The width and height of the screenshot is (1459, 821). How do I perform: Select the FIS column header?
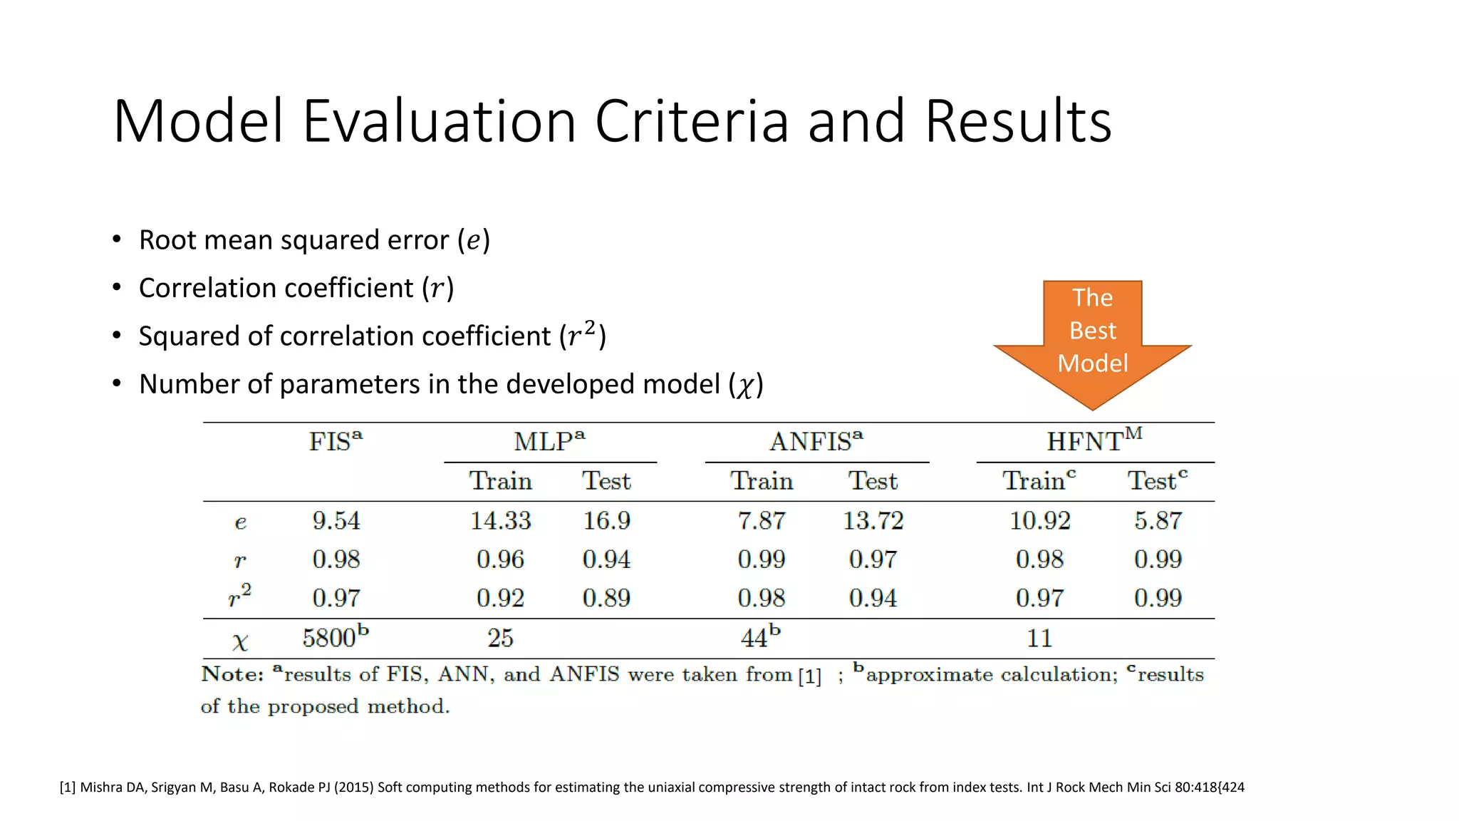pos(335,442)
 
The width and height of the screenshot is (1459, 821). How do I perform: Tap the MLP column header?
pos(549,442)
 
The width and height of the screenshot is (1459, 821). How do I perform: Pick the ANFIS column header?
pos(816,442)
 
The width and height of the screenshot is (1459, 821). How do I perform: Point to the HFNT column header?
pos(1094,441)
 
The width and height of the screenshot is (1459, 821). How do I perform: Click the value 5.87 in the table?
pos(1158,521)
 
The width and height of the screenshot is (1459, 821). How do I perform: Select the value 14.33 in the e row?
pos(500,521)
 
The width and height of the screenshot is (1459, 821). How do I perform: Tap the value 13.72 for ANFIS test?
pos(873,521)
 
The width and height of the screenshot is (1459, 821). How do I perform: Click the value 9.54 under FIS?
pos(336,521)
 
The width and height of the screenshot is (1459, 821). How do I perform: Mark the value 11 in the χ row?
pos(1039,638)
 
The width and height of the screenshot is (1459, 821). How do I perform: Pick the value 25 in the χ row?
pos(500,638)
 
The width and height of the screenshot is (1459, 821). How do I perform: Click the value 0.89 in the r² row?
pos(606,598)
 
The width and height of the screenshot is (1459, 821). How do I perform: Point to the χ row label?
pos(240,641)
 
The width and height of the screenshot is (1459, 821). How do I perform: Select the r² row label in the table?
pos(239,596)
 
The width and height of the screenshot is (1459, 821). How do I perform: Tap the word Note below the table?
pos(232,674)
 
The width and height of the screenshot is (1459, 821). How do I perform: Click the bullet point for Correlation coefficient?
pos(117,288)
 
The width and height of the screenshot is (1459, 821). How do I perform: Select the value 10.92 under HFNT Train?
pos(1039,521)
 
